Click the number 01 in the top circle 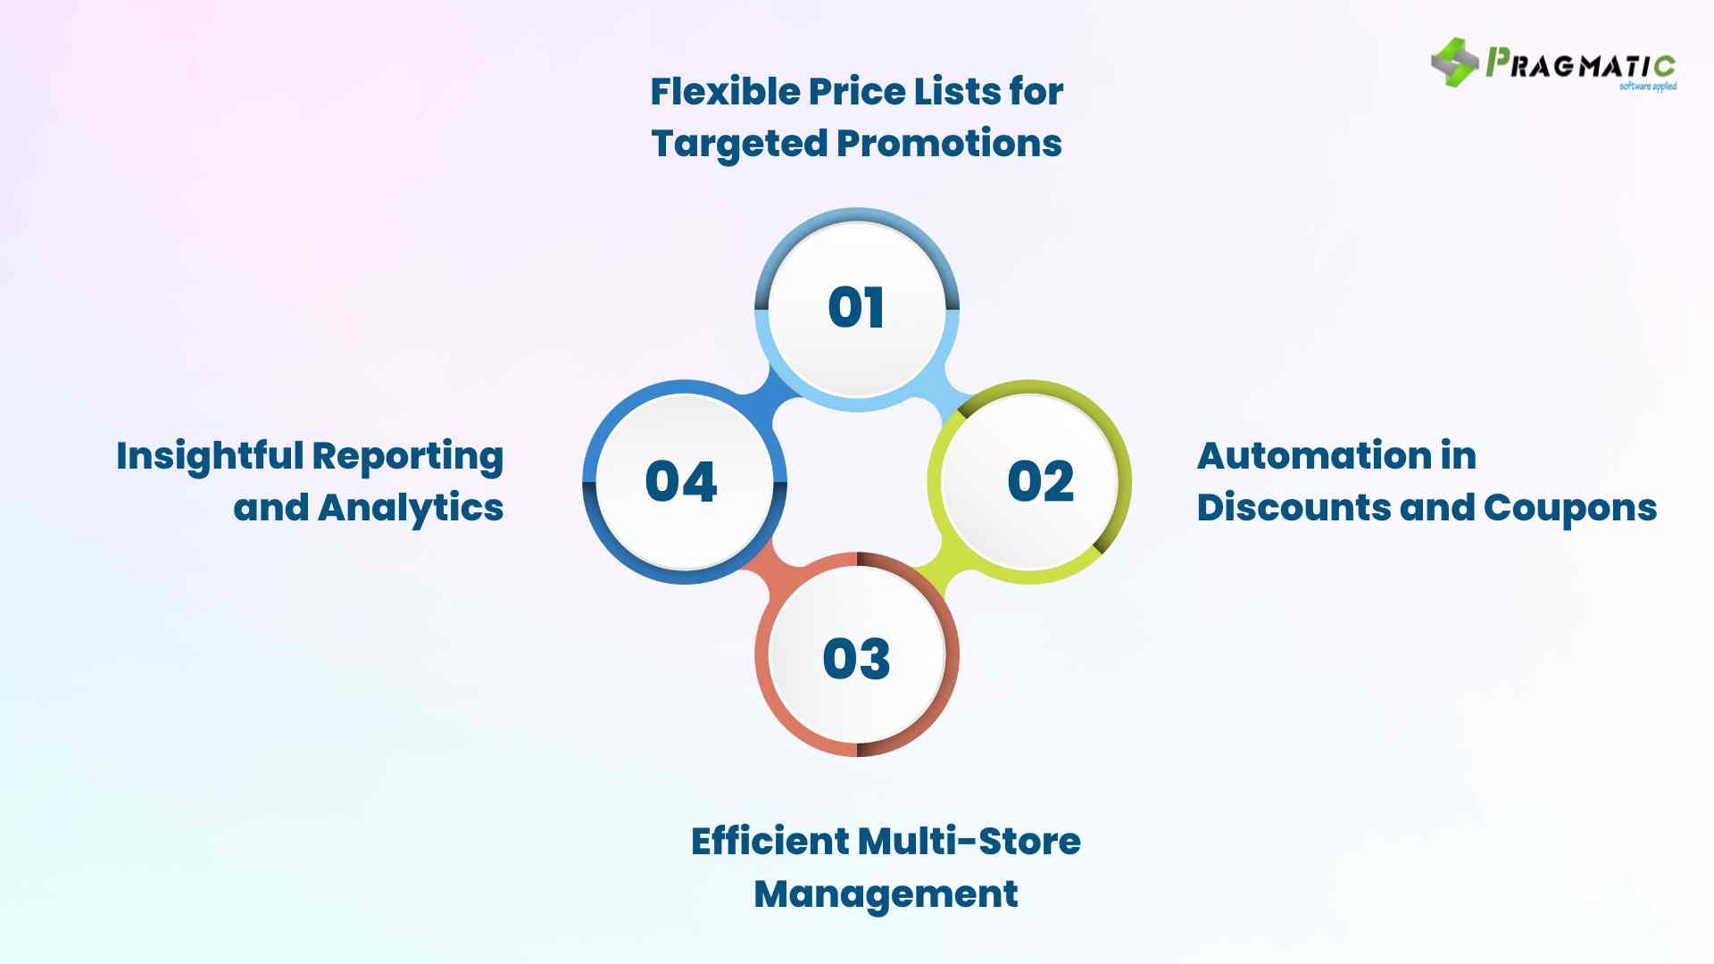[856, 308]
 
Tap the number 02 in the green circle [1040, 482]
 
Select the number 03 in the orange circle [856, 659]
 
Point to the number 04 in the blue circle [681, 482]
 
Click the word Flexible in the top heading [723, 91]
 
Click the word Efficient [769, 841]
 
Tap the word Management [886, 893]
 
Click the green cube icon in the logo [1454, 62]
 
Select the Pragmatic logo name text [1580, 65]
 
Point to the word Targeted [737, 143]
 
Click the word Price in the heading [855, 91]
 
